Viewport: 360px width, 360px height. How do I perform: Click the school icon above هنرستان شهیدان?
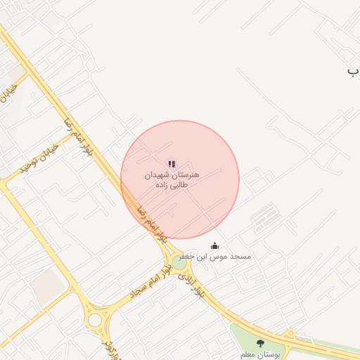pyautogui.click(x=172, y=164)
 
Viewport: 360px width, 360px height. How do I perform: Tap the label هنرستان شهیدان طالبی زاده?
pyautogui.click(x=172, y=180)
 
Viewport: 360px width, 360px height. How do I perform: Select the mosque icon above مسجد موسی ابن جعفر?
pyautogui.click(x=214, y=245)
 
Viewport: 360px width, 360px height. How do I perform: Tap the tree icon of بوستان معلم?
pyautogui.click(x=261, y=343)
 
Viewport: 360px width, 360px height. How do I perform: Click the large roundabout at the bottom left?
pyautogui.click(x=94, y=321)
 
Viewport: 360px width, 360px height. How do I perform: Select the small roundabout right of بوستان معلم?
pyautogui.click(x=290, y=333)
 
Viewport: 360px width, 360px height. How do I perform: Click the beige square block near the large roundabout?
pyautogui.click(x=47, y=287)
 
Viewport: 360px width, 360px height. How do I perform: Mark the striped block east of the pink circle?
pyautogui.click(x=264, y=217)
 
